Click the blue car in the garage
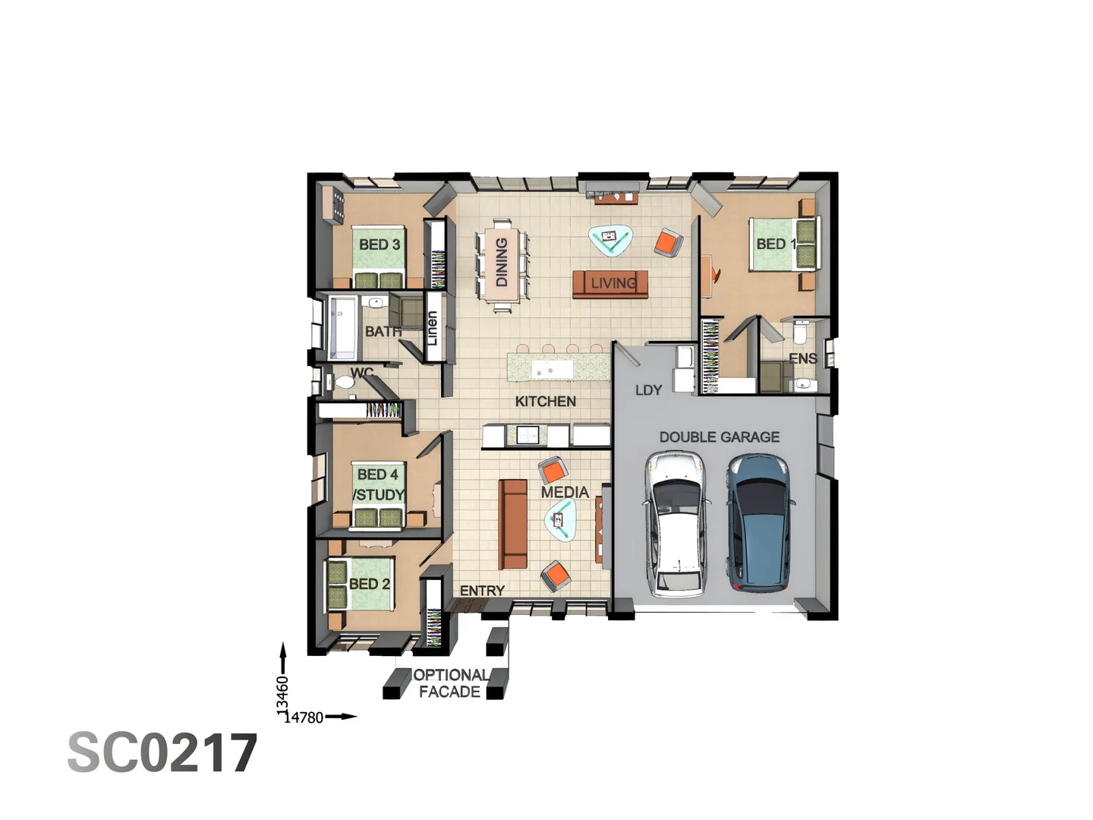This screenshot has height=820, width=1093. point(758,523)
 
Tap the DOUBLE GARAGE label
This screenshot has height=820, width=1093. point(719,437)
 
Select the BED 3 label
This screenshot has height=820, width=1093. point(380,244)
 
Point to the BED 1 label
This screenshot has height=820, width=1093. point(776,244)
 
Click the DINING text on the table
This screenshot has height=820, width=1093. point(502,262)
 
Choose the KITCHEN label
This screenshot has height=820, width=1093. point(545,402)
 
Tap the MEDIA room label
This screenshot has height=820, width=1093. point(565,493)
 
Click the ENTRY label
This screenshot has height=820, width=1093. point(482,591)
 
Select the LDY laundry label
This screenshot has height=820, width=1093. point(648,390)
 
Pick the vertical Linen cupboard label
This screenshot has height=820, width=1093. point(432,328)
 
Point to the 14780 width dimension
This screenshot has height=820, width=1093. point(304,717)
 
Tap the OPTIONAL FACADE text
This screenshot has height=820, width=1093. point(449,683)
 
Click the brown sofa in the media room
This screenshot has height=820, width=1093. point(512,524)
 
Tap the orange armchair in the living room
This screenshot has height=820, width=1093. point(668,242)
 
